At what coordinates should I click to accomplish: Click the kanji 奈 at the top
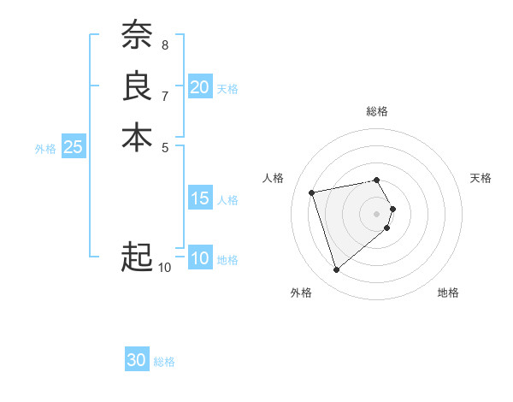(137, 35)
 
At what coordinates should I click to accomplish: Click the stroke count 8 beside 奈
(164, 44)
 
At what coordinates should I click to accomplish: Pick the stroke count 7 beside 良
(164, 95)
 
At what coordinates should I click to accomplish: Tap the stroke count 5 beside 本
(164, 146)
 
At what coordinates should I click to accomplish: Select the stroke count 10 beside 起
(164, 268)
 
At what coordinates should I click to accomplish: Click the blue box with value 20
(199, 87)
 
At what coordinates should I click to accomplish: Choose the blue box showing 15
(199, 198)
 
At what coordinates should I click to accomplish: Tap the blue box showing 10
(199, 258)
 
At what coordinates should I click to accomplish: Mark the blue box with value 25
(74, 147)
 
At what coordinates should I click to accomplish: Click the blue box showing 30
(137, 360)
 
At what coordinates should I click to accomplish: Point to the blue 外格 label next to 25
(45, 148)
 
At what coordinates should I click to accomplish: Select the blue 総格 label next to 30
(164, 362)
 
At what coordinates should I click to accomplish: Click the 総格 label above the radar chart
(377, 111)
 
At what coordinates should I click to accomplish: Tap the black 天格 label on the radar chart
(481, 178)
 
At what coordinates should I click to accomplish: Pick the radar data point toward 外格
(336, 270)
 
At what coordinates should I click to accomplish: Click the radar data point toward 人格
(312, 192)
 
